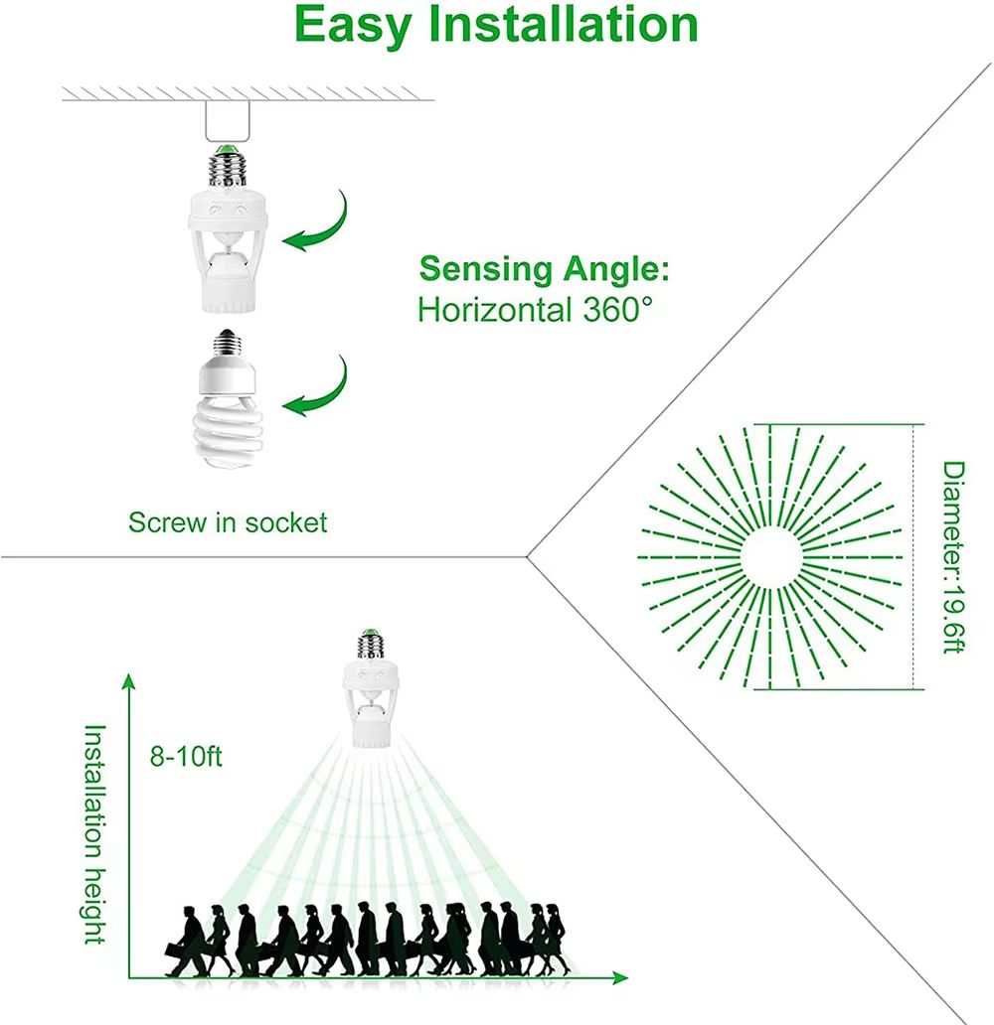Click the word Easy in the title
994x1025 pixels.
(353, 27)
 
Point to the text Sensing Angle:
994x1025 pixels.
(544, 268)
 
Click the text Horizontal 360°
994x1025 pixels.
(537, 309)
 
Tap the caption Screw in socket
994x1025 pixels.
(228, 522)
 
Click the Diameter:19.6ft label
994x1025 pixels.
(952, 557)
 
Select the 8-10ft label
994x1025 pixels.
(186, 757)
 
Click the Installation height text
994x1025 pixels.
(93, 833)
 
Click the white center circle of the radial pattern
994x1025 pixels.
(770, 557)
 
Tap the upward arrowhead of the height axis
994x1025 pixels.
(128, 680)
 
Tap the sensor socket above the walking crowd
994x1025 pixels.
(375, 696)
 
